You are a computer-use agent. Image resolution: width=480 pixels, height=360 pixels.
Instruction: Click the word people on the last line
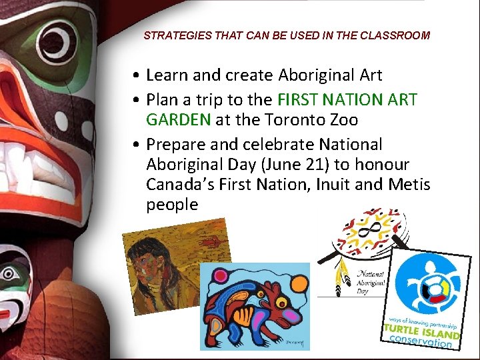point(172,205)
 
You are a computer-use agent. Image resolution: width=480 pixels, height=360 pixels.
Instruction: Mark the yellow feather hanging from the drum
point(342,277)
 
